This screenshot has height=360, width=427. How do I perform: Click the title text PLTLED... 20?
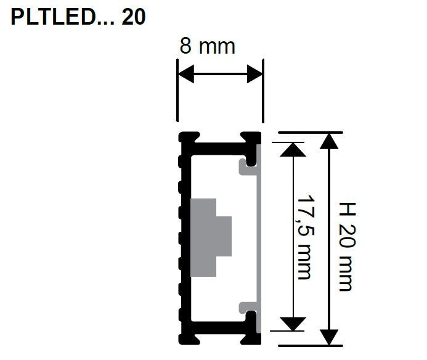pyautogui.click(x=78, y=17)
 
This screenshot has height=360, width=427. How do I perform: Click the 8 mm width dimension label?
pyautogui.click(x=207, y=46)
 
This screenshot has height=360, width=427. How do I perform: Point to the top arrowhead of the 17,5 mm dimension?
pyautogui.click(x=293, y=149)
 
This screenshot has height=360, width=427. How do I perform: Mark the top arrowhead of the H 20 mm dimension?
pyautogui.click(x=330, y=140)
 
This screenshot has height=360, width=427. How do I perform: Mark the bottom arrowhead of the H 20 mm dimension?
pyautogui.click(x=330, y=337)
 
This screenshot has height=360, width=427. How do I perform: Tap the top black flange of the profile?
pyautogui.click(x=219, y=142)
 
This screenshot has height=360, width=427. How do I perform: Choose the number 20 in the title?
pyautogui.click(x=134, y=17)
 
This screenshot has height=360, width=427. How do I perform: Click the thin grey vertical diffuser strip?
pyautogui.click(x=260, y=237)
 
